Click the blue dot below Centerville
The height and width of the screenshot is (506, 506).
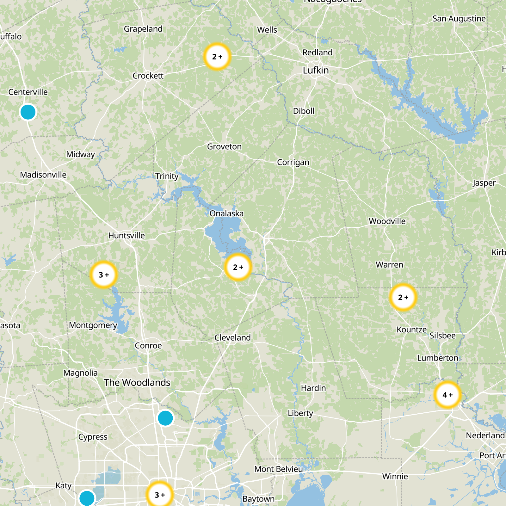28,112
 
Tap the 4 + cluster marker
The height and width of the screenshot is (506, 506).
447,395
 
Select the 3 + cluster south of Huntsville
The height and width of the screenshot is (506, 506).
104,275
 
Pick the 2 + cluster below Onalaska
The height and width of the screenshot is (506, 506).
238,267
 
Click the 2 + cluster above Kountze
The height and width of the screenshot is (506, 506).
403,297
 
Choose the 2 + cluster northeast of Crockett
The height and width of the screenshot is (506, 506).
217,57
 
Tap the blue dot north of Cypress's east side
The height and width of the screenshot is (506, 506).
165,418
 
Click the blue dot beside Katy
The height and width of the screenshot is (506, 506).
87,498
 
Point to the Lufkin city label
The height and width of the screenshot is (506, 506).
316,70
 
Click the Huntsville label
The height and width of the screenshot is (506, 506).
126,236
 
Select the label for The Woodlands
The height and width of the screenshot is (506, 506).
137,383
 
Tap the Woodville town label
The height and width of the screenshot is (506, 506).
387,221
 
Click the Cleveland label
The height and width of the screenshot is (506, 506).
232,338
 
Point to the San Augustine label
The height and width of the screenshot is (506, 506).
459,19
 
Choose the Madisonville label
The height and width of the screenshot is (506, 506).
43,175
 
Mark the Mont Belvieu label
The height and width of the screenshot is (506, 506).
279,469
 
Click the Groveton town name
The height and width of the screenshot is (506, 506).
224,147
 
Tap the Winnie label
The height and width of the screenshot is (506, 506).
395,476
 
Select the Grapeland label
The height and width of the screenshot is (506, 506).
143,29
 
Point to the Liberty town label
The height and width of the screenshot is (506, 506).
300,413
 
